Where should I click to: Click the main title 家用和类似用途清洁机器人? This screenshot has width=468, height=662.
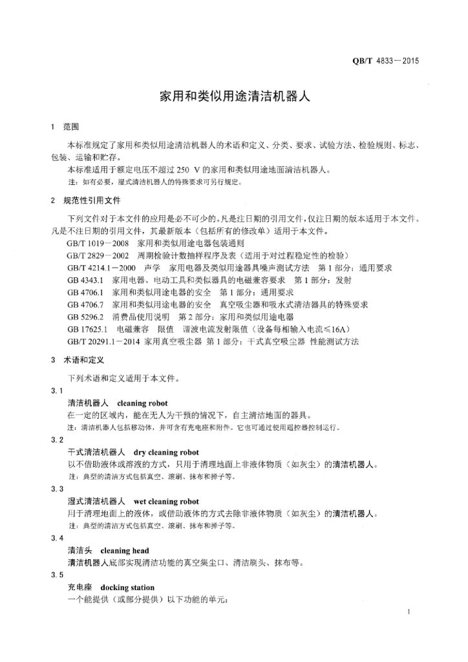tap(235, 98)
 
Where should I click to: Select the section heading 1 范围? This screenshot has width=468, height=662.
tap(65, 127)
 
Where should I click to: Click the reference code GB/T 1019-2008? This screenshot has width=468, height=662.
tap(98, 244)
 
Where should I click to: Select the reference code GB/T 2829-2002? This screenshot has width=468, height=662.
tap(98, 256)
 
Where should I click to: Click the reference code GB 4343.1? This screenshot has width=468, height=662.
tap(85, 280)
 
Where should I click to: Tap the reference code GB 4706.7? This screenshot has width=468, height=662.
tap(85, 304)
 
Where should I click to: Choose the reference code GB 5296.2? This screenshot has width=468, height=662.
tap(85, 317)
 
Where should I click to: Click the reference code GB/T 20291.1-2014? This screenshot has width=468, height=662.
tap(103, 341)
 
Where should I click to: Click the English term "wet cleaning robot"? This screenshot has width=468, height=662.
tap(166, 502)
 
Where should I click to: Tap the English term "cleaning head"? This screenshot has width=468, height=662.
tap(125, 551)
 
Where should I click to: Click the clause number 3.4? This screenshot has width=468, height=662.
tap(57, 539)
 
